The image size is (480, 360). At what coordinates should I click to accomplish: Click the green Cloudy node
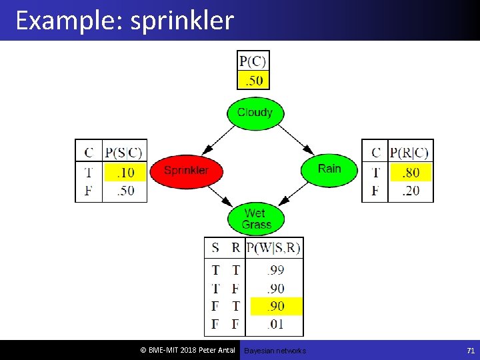pyautogui.click(x=255, y=113)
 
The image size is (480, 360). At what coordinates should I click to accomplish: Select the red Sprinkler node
pyautogui.click(x=186, y=171)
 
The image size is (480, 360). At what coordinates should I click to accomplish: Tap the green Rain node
pyautogui.click(x=329, y=169)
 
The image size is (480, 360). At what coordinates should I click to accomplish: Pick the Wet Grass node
pyautogui.click(x=256, y=219)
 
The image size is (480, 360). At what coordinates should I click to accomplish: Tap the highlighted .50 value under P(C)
pyautogui.click(x=253, y=81)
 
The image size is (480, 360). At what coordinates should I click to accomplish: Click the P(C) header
pyautogui.click(x=253, y=61)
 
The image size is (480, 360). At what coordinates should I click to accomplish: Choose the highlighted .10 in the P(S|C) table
pyautogui.click(x=125, y=173)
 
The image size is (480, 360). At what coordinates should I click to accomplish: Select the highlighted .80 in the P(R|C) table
pyautogui.click(x=410, y=173)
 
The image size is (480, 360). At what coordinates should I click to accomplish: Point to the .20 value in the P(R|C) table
pyautogui.click(x=410, y=191)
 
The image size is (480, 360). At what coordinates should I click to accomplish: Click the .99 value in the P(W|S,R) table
pyautogui.click(x=275, y=270)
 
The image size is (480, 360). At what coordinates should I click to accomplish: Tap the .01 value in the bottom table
pyautogui.click(x=275, y=325)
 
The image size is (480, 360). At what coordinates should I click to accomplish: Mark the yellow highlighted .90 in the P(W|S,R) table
pyautogui.click(x=275, y=306)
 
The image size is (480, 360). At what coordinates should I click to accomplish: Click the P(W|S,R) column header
pyautogui.click(x=274, y=249)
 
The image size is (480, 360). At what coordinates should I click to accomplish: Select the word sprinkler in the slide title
pyautogui.click(x=182, y=21)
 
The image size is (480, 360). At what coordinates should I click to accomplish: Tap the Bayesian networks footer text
pyautogui.click(x=275, y=351)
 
